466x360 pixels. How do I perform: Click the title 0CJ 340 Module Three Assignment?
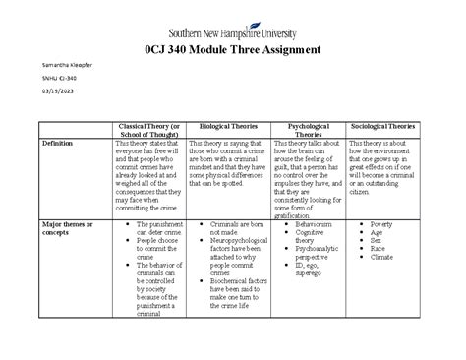point(232,50)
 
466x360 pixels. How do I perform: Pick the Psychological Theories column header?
point(308,133)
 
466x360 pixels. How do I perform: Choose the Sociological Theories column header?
point(391,128)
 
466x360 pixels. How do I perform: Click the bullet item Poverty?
point(382,225)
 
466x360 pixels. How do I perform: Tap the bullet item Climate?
point(383,259)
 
